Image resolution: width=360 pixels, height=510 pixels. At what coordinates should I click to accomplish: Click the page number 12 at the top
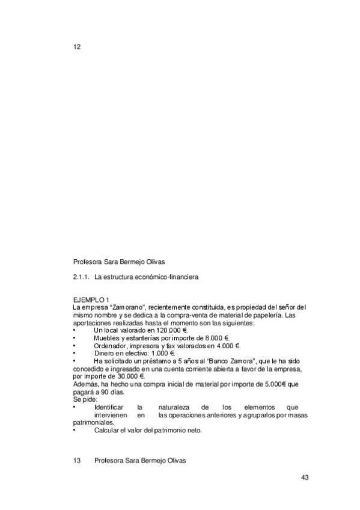coord(76,47)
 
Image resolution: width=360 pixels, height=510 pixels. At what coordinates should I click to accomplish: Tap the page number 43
coord(305,478)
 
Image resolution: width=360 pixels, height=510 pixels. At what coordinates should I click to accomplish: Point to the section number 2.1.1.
coord(81,277)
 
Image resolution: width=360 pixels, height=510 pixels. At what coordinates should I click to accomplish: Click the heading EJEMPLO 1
coord(91,300)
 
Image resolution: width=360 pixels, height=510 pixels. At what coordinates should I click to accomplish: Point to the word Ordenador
coord(111,346)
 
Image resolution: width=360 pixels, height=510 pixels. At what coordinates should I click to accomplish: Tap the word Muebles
coord(107,338)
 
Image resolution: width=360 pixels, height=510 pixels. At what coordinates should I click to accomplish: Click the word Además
coord(85,383)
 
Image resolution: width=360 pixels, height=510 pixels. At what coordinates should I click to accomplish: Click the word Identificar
coord(109,407)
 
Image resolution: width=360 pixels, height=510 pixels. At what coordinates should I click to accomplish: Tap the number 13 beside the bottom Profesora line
coord(76,461)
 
